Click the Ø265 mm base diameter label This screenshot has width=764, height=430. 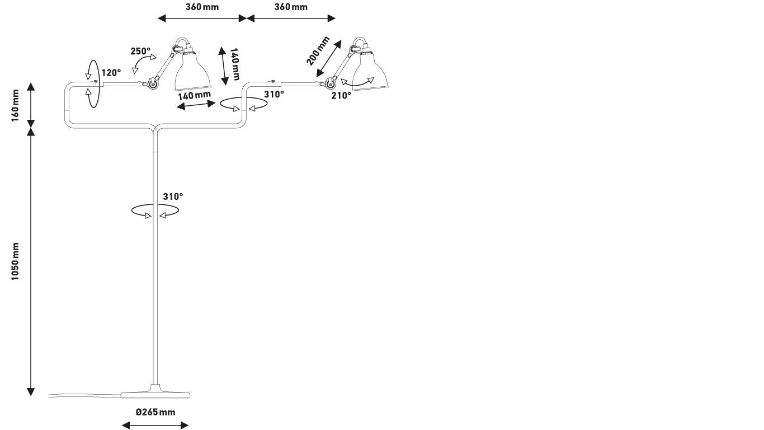[x=155, y=413]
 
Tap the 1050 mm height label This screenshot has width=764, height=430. [x=16, y=262]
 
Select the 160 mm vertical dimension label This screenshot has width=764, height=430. [x=16, y=105]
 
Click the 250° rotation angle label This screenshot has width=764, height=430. [x=140, y=52]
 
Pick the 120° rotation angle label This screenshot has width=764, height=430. [x=111, y=73]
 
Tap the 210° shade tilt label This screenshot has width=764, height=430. [x=341, y=96]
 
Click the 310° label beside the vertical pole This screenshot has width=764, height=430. [x=173, y=197]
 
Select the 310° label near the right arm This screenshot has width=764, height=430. [x=273, y=95]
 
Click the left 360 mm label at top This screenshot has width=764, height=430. [x=202, y=7]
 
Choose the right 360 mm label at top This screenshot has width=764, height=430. [x=291, y=7]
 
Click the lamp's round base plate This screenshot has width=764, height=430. [x=155, y=394]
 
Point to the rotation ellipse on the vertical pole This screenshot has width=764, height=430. [x=155, y=211]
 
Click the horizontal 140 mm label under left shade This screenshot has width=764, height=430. [x=195, y=95]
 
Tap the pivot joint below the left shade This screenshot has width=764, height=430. [x=151, y=85]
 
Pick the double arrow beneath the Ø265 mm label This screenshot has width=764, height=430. [x=155, y=425]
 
